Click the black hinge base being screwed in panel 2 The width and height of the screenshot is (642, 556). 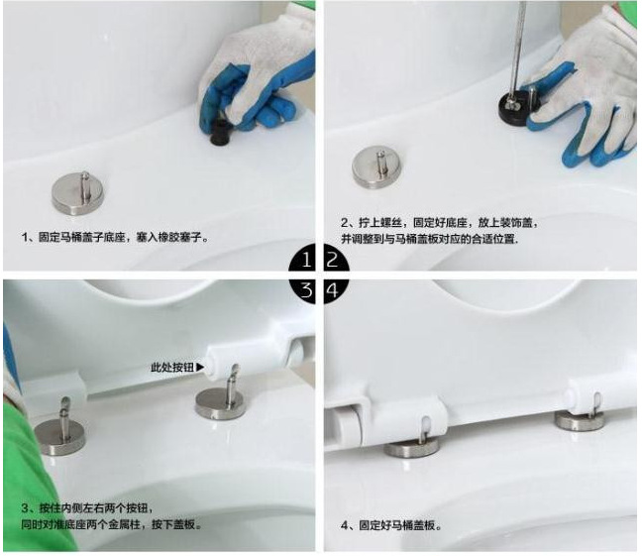click(x=515, y=106)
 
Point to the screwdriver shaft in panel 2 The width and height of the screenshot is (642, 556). click(x=518, y=50)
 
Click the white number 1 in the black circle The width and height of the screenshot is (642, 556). click(x=307, y=260)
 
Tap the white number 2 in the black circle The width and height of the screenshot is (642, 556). click(x=332, y=260)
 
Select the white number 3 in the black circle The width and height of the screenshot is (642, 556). click(x=306, y=290)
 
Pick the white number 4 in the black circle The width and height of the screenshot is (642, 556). click(x=333, y=290)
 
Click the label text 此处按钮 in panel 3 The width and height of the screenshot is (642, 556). click(x=172, y=368)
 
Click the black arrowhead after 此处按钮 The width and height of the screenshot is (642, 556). click(x=200, y=367)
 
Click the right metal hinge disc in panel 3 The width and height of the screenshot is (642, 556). click(x=221, y=403)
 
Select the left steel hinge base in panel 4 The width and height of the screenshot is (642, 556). click(x=411, y=449)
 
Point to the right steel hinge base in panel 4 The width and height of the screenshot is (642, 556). click(x=580, y=421)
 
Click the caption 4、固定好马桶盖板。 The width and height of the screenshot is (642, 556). click(x=391, y=525)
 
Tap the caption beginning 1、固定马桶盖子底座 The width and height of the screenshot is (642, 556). click(x=115, y=237)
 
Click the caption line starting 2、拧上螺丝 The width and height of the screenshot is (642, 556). click(x=439, y=223)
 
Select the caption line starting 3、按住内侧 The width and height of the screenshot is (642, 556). click(x=87, y=508)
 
